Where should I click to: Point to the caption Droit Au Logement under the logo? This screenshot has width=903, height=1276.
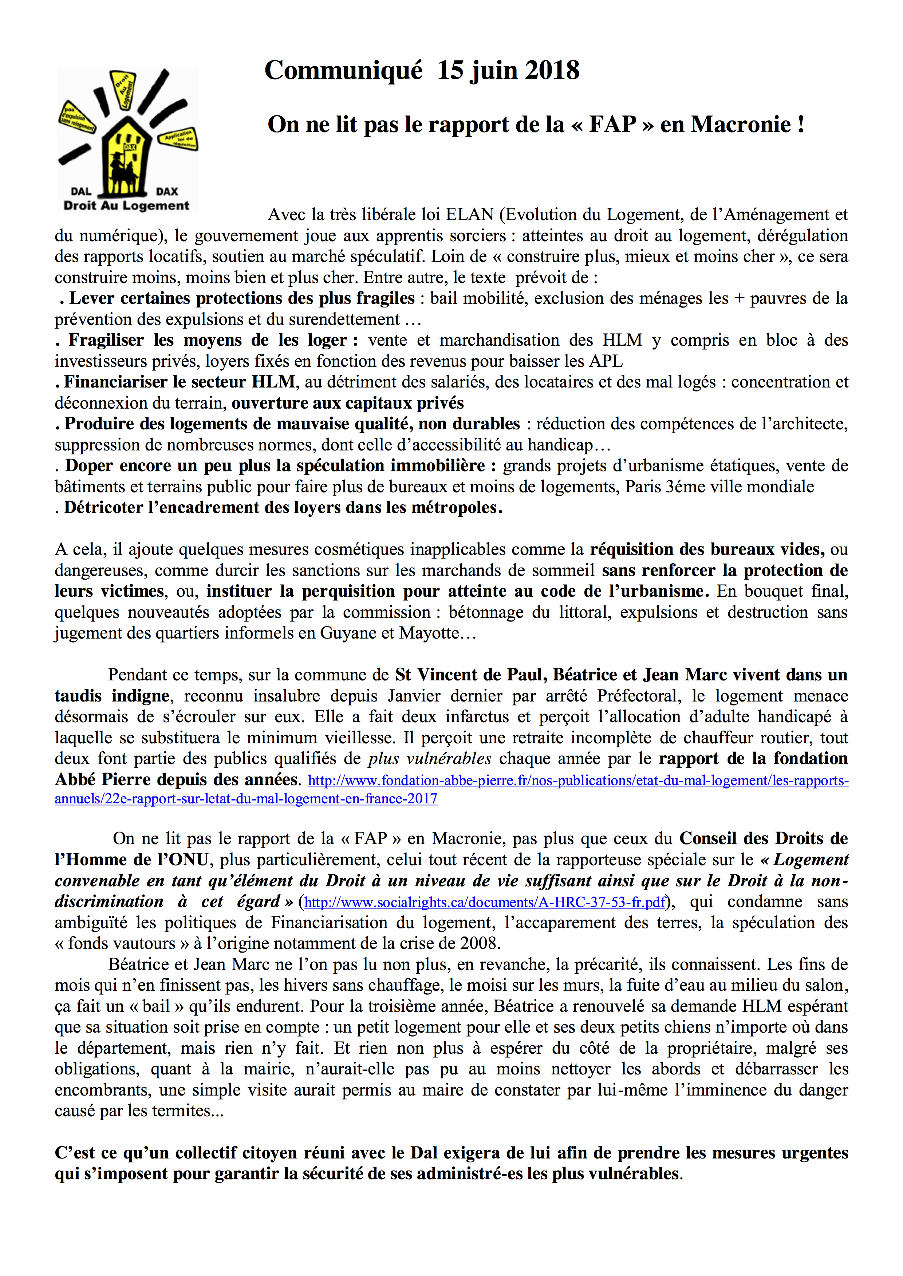pos(127,206)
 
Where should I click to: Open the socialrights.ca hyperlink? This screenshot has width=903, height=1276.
pos(485,902)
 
